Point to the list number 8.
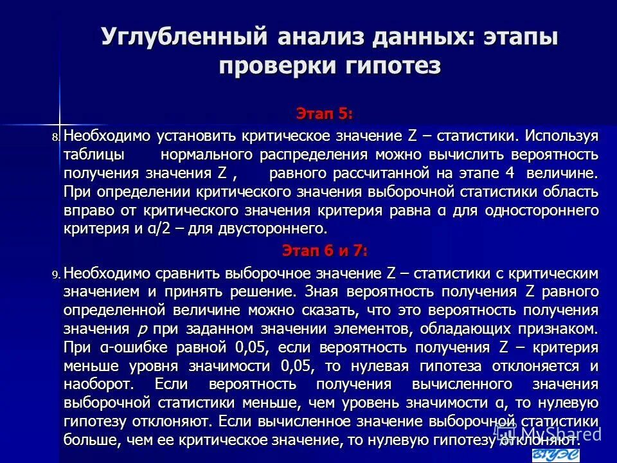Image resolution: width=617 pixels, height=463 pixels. point(56,138)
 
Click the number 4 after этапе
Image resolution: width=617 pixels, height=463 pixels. point(510,174)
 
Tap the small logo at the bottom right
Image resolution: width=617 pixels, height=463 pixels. point(557,455)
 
